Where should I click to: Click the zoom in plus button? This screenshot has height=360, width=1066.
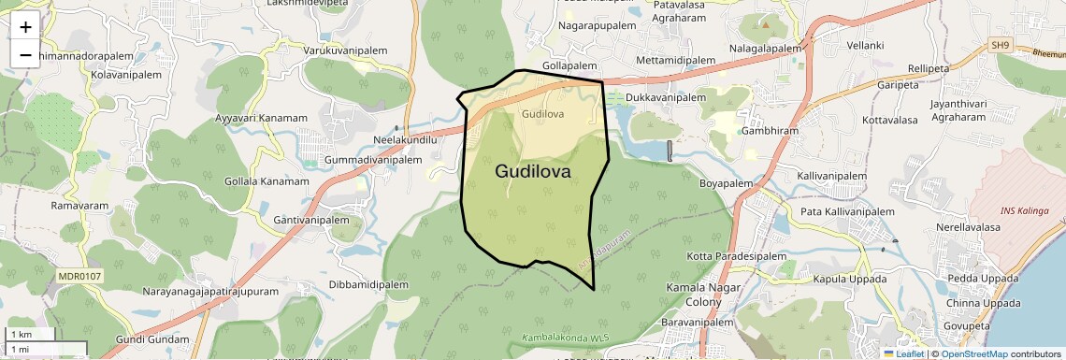pos(25,26)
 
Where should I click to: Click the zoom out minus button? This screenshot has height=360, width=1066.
pos(25,54)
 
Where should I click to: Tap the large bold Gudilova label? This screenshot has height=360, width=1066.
pos(546,171)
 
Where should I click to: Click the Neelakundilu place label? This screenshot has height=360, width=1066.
pos(405,139)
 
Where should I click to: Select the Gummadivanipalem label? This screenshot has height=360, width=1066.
pos(373,160)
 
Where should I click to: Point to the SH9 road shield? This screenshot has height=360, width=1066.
pos(1001,45)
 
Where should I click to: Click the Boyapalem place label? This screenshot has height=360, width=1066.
pos(727,183)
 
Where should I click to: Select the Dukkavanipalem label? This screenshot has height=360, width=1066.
pos(666,97)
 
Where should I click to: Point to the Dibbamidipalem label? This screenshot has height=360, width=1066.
pos(370,283)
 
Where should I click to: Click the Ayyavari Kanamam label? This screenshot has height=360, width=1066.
pos(261,118)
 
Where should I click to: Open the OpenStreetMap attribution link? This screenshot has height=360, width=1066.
pos(974,353)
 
